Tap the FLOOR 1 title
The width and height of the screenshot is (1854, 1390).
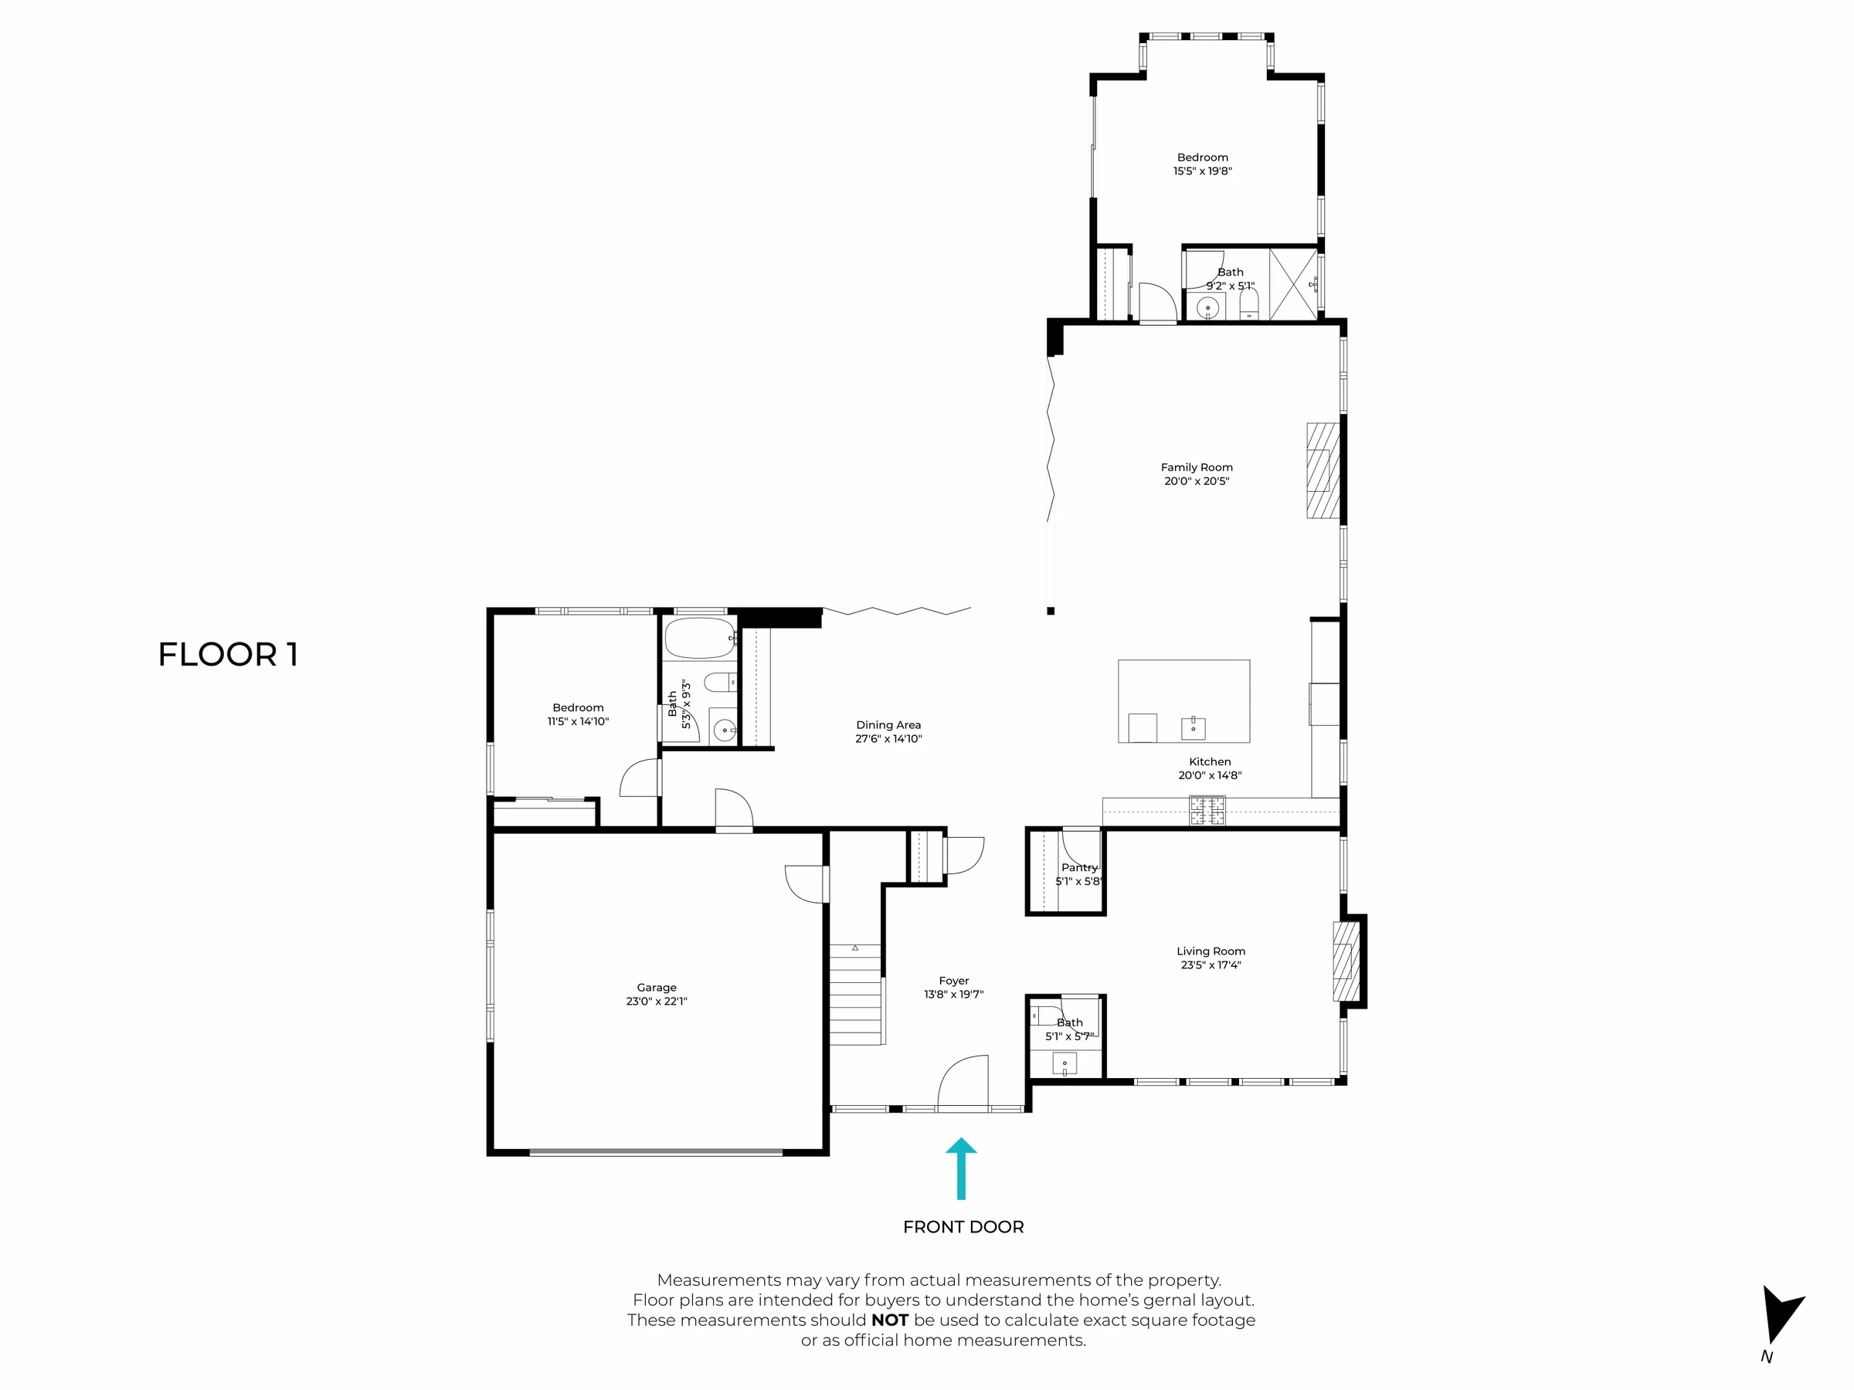tap(228, 654)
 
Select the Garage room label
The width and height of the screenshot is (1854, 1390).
tap(657, 987)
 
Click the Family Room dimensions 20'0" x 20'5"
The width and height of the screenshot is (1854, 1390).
tap(1197, 481)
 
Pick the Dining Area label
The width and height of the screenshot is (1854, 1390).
tap(888, 725)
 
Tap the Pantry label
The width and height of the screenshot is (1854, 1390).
tap(1079, 867)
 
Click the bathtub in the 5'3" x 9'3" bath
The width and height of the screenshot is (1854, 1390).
tap(700, 639)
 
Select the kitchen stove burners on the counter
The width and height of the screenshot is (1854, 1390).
tap(1207, 810)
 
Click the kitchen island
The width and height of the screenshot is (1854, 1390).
tap(1183, 701)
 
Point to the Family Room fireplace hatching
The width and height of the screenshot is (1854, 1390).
tap(1323, 470)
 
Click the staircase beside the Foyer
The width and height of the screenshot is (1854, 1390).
tap(856, 995)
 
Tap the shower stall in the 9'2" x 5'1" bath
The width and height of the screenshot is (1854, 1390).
tap(1294, 284)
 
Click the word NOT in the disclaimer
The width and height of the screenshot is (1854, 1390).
tap(889, 1320)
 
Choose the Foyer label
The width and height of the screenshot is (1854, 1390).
tap(954, 980)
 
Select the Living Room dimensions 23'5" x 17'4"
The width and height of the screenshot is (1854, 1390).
tap(1211, 965)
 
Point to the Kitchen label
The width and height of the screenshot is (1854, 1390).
tap(1211, 761)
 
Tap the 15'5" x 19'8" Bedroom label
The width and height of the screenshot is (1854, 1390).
tap(1203, 164)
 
